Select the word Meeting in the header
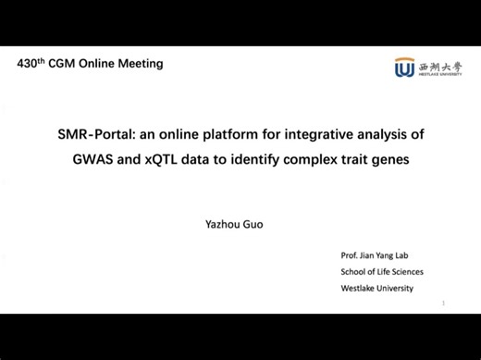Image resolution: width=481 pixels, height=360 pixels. pos(142,64)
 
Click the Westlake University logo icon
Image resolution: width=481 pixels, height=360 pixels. pos(404,68)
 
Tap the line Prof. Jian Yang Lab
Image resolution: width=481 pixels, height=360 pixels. pos(379,254)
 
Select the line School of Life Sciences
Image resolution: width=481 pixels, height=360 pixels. pos(382,271)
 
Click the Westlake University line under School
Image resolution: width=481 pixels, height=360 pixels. pos(377,288)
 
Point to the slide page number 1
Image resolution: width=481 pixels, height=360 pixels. pos(444,303)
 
